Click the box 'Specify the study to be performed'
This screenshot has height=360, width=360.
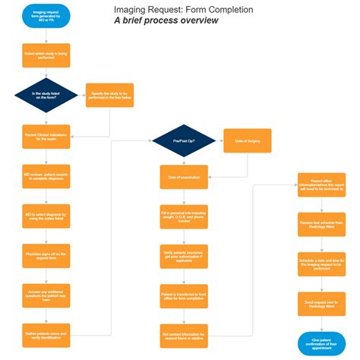coord(109,96)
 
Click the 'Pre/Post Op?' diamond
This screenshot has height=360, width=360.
coord(183,141)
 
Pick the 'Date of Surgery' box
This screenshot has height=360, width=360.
coord(247,141)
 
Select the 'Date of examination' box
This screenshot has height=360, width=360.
coord(183,177)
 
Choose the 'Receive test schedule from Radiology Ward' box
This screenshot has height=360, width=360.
coord(321,226)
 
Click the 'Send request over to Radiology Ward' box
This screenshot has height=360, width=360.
coord(321,305)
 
